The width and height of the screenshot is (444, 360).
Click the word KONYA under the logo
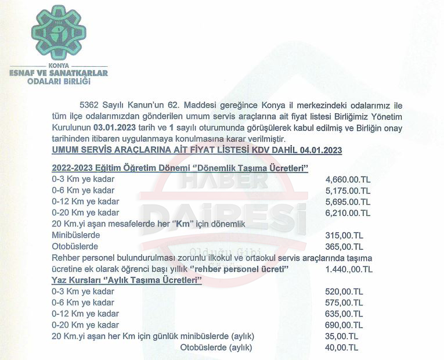click(x=59, y=66)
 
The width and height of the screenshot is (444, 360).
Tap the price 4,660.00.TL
click(x=348, y=179)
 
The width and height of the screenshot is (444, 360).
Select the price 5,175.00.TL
click(x=348, y=190)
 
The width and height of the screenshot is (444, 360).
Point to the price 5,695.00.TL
click(x=348, y=201)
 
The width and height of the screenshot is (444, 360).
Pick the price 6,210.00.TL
click(x=348, y=213)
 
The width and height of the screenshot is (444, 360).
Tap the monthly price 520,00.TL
click(x=344, y=291)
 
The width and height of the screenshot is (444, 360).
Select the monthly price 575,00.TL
click(x=344, y=303)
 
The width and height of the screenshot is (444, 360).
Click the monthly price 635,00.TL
click(x=344, y=314)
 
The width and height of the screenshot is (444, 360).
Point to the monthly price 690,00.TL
click(x=344, y=325)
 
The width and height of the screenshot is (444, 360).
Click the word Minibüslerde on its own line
click(x=76, y=235)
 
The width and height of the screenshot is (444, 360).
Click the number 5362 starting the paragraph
click(x=88, y=105)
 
